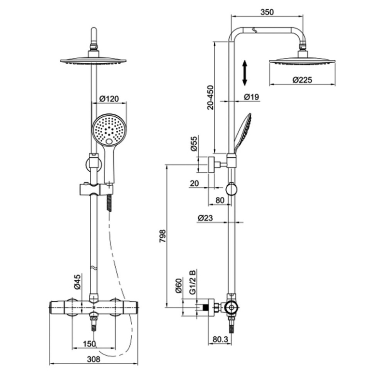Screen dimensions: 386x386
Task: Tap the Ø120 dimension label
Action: [x=109, y=99]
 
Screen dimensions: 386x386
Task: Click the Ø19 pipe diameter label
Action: [x=252, y=97]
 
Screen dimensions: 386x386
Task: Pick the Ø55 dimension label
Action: [x=194, y=144]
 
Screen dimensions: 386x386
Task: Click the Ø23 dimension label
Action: [x=205, y=218]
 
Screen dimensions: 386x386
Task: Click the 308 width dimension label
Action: [x=94, y=359]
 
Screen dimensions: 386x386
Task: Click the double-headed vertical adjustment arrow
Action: [x=245, y=72]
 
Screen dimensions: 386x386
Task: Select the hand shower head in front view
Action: [x=109, y=129]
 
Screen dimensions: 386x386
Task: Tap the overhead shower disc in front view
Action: [x=93, y=61]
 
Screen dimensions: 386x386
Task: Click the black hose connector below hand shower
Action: [x=110, y=202]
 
